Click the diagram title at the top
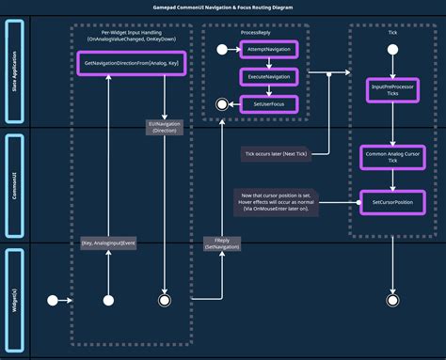[223, 7]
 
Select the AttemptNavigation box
[269, 49]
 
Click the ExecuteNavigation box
[269, 76]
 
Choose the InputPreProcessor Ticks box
[391, 90]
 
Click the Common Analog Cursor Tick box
[391, 156]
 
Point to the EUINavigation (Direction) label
[164, 127]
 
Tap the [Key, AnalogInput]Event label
[108, 243]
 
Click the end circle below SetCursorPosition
[391, 300]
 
